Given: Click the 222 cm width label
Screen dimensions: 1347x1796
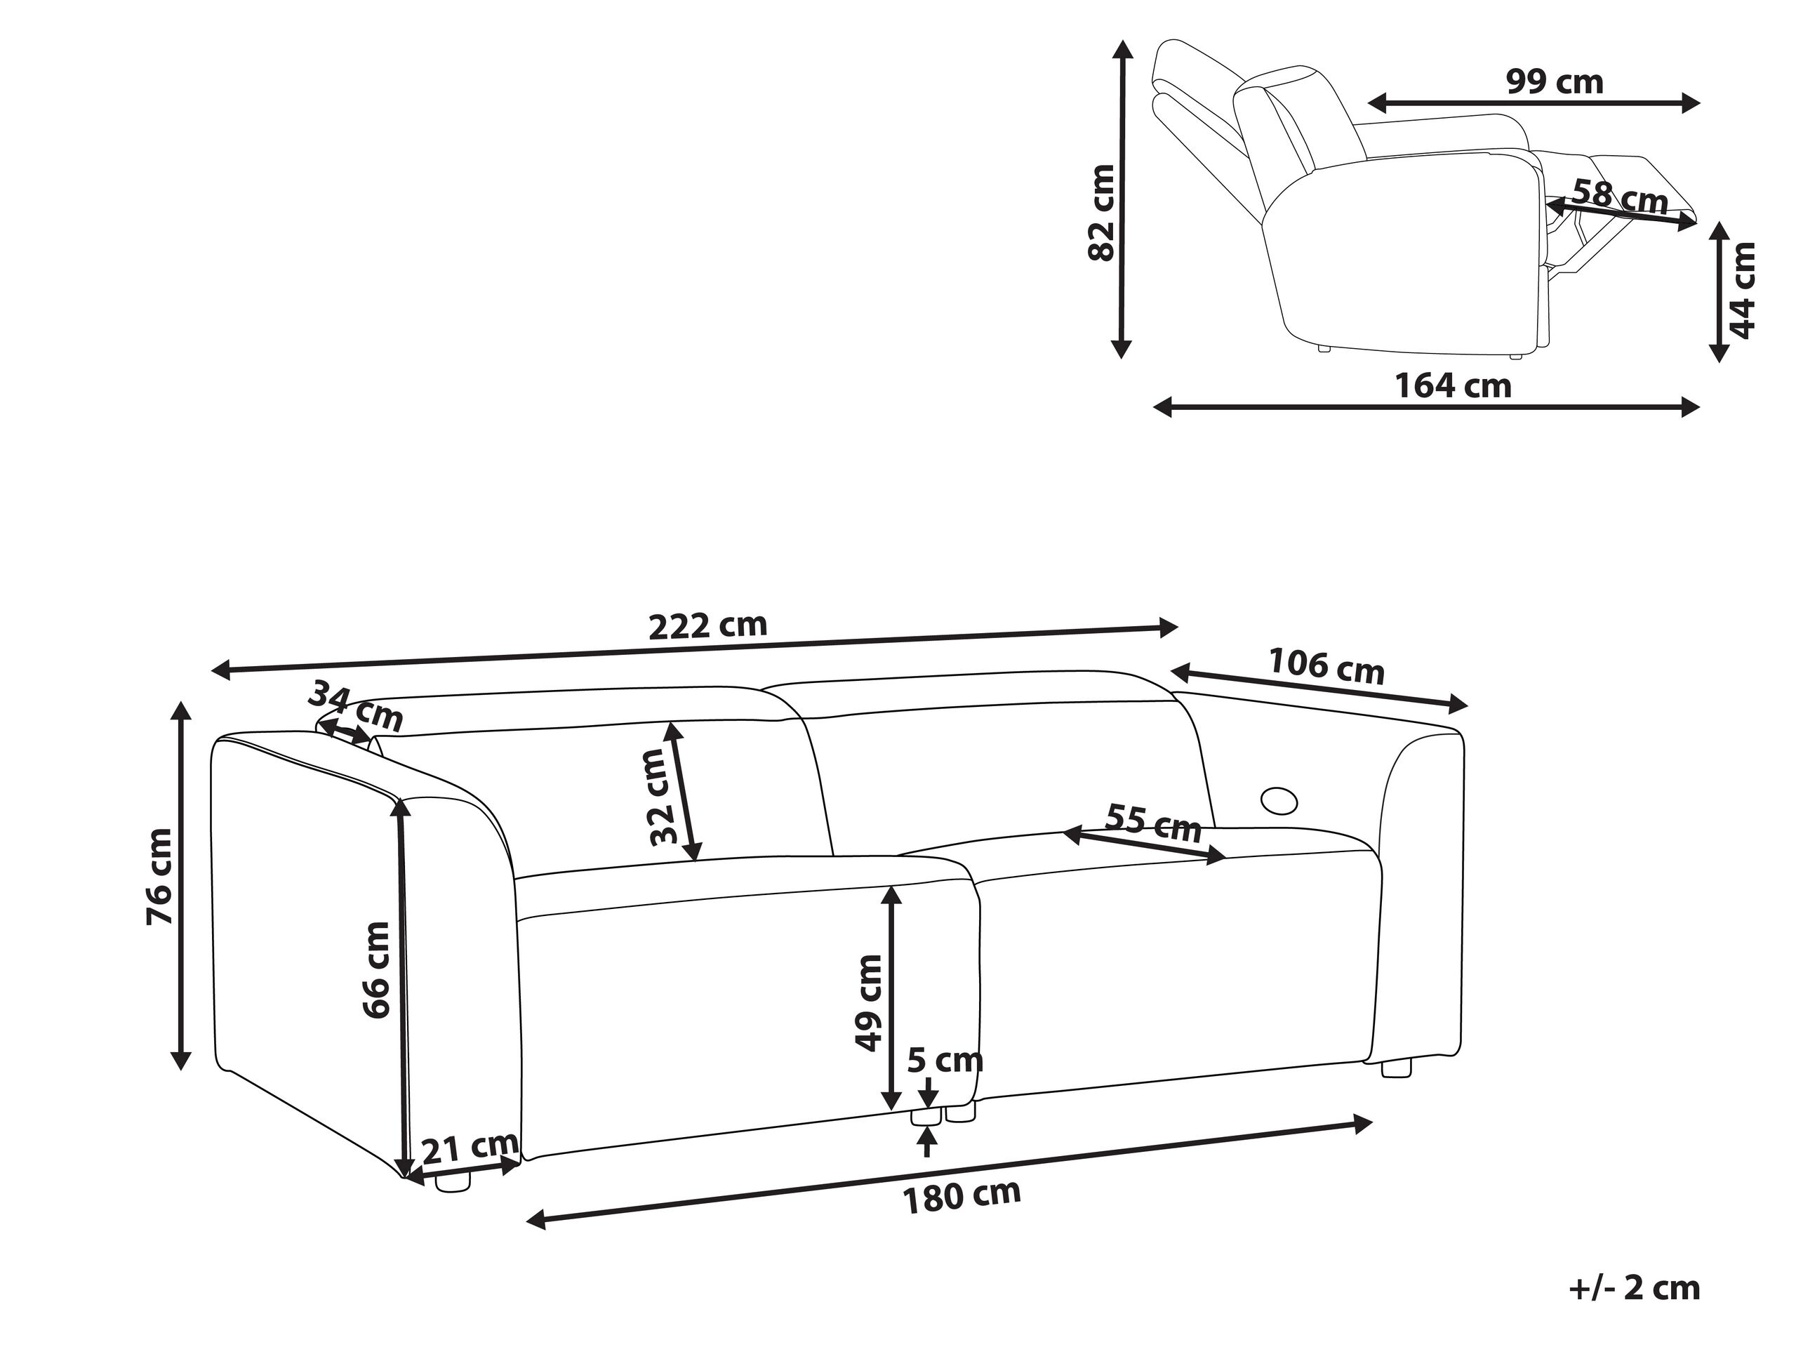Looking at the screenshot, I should pos(707,626).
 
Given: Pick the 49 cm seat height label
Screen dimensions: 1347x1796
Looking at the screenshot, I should pos(869,1003).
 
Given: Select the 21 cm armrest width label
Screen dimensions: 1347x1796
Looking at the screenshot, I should pos(470,1146).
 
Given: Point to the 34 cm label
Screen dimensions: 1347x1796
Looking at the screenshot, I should pos(355,705).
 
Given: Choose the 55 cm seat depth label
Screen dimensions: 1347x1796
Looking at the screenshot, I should pos(1153,823).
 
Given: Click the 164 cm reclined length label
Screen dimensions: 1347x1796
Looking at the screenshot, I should pos(1453,385).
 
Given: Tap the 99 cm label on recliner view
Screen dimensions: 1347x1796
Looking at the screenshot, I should pos(1555,82).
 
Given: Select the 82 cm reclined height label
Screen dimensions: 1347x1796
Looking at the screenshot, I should pos(1102,213).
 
